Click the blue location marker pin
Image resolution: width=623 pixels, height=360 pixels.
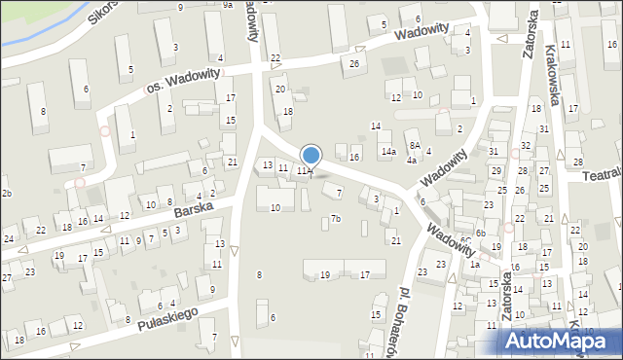click(x=311, y=156)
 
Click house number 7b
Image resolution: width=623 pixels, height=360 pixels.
click(x=335, y=219)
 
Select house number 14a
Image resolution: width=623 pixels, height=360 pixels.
click(x=388, y=152)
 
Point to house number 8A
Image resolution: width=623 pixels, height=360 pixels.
click(x=414, y=145)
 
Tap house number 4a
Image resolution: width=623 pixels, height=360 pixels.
click(x=412, y=160)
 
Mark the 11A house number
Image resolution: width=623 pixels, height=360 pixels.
click(x=304, y=171)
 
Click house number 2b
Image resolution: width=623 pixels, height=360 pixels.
click(x=6, y=194)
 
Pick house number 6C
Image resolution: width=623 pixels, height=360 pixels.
click(x=466, y=239)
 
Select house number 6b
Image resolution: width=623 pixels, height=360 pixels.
click(x=481, y=233)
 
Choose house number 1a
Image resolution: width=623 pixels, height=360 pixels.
click(x=475, y=264)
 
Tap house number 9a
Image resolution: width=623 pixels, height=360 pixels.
click(x=227, y=5)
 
